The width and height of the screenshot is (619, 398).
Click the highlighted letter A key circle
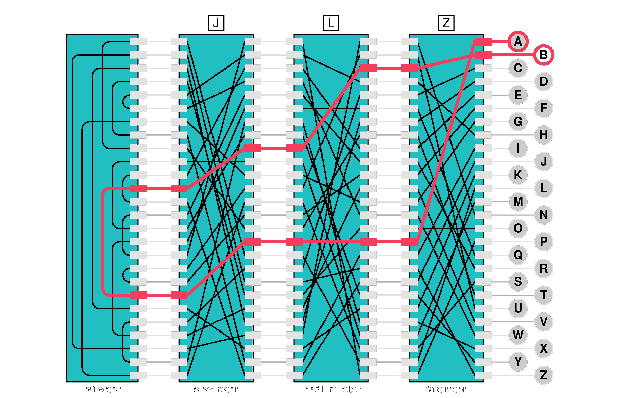click(518, 42)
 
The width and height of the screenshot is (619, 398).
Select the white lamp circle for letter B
click(543, 55)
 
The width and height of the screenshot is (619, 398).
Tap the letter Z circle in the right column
click(543, 375)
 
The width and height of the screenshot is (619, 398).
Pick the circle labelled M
click(518, 202)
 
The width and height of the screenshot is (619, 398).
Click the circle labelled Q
click(518, 255)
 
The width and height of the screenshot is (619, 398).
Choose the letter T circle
click(543, 295)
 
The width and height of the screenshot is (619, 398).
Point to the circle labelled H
click(543, 135)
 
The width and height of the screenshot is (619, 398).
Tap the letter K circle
click(518, 175)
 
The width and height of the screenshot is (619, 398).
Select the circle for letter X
click(543, 348)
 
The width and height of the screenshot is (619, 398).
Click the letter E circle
click(518, 95)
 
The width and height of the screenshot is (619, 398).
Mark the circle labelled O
click(518, 228)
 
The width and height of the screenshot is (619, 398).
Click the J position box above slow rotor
click(216, 23)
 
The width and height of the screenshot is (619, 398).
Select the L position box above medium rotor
click(331, 23)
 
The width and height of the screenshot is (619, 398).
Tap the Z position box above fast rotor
click(446, 23)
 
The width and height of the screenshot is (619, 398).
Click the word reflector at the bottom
click(102, 389)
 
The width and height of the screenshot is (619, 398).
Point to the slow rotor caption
click(216, 389)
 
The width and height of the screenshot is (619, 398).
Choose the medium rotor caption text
click(331, 389)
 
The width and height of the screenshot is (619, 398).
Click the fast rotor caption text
click(446, 389)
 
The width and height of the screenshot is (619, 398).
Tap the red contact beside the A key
click(483, 42)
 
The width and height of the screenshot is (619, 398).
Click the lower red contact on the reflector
click(138, 295)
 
